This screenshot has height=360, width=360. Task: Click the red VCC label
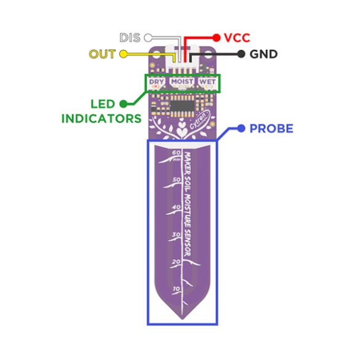coord(237,38)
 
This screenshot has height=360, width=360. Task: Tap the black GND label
coord(263,54)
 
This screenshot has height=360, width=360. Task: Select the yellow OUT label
coord(102,54)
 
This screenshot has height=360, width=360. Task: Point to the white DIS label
coord(130,38)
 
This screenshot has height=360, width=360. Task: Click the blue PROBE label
coord(271,129)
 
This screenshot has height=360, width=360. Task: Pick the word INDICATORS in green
coord(102,119)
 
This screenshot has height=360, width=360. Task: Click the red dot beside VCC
coord(216,38)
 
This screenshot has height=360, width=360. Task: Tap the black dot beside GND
coord(241,54)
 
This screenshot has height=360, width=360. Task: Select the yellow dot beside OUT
coord(123,54)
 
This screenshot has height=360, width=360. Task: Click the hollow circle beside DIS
coord(148,38)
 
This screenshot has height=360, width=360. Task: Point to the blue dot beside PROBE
coord(241,129)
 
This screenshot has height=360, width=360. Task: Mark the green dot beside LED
coord(123,104)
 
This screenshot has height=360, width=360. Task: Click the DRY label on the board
coord(156,82)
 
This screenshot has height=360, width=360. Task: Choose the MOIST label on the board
coord(182,81)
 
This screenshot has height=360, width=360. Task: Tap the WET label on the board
coord(207,81)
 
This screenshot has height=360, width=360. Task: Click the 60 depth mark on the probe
coord(177,153)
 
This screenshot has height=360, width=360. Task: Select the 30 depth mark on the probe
coord(177,234)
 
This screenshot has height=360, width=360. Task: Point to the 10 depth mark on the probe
coord(177,289)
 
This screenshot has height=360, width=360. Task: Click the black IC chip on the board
coord(182,106)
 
